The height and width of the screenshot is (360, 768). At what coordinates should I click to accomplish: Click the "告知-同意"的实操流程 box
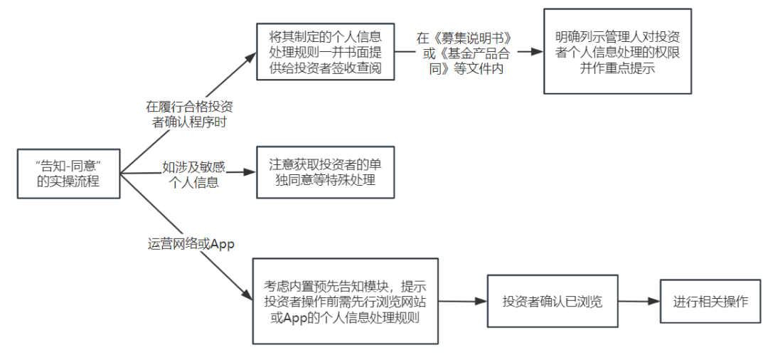(x=68, y=174)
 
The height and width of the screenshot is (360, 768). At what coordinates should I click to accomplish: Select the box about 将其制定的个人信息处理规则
(x=325, y=51)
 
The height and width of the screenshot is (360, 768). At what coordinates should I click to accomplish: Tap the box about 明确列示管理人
(x=617, y=51)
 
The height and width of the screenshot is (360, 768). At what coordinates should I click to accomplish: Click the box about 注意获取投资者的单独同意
(x=325, y=173)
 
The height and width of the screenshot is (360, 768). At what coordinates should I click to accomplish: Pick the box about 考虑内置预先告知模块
(x=346, y=302)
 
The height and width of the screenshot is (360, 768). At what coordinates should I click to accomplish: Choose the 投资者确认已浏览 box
(x=552, y=302)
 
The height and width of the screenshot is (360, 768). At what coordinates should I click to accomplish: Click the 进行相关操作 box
(x=710, y=302)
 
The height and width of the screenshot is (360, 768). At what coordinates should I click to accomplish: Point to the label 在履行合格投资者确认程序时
(x=189, y=115)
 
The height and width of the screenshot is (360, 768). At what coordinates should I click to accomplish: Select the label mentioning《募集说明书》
(x=464, y=52)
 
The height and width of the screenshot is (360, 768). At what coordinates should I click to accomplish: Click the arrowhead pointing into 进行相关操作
(x=654, y=302)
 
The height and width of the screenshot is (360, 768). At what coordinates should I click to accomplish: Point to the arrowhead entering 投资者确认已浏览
(x=481, y=302)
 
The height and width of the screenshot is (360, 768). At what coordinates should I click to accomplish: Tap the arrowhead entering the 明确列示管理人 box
(x=538, y=52)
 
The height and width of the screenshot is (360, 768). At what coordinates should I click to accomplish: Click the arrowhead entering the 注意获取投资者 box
(x=250, y=173)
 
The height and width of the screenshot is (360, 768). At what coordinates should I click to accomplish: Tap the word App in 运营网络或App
(x=223, y=243)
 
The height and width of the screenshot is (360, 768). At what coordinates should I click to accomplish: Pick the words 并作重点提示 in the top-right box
(x=617, y=68)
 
